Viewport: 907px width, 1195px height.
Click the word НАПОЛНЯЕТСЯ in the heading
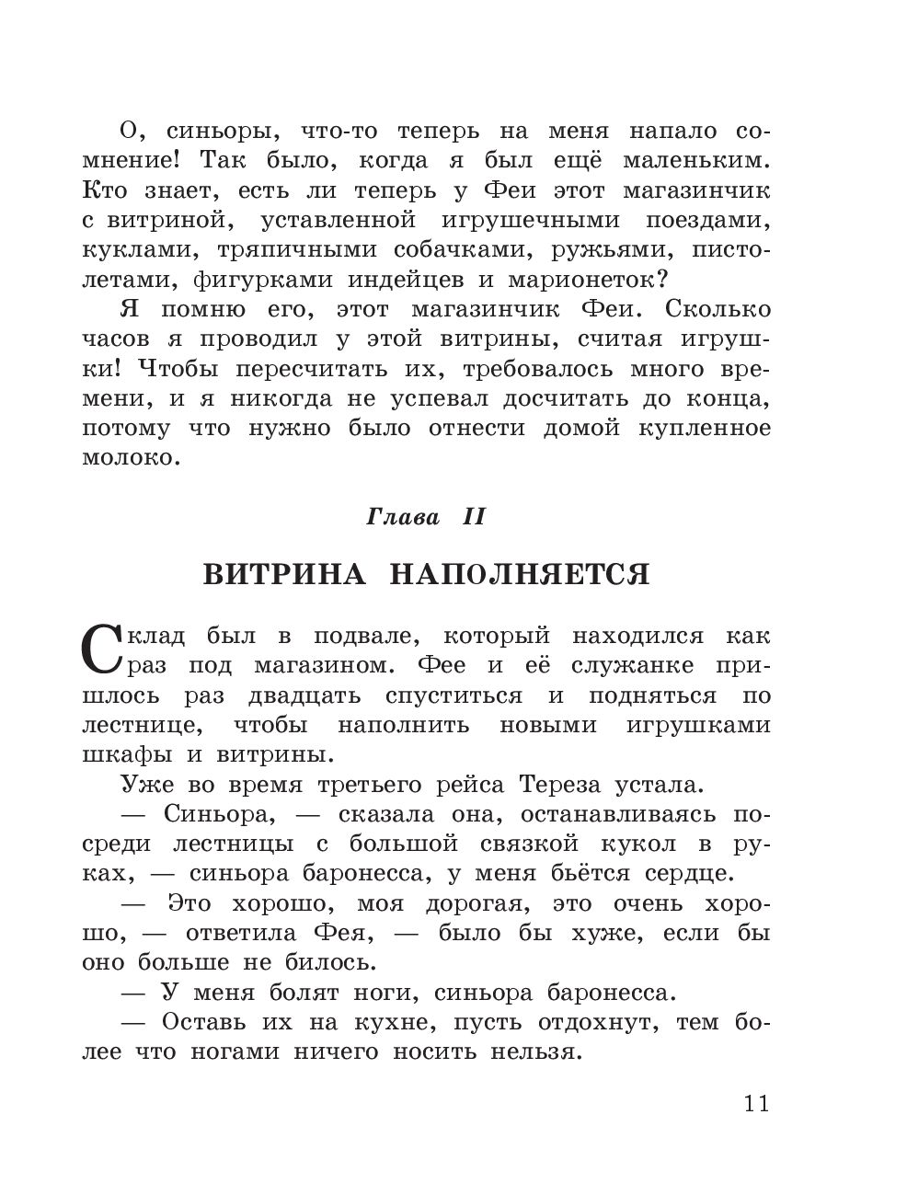[520, 575]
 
